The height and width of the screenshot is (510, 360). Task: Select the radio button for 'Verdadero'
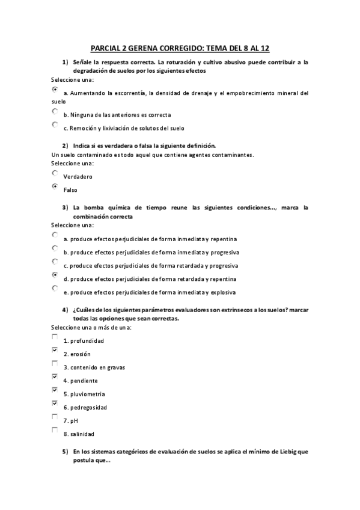(55, 173)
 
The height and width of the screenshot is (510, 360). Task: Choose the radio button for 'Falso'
(55, 186)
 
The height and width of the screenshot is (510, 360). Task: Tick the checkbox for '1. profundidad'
(55, 337)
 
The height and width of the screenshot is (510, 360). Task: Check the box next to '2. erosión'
(55, 350)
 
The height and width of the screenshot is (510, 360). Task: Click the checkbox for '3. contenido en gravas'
(55, 363)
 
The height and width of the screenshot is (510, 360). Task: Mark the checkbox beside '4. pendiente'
(55, 376)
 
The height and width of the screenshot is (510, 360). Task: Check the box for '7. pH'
(55, 416)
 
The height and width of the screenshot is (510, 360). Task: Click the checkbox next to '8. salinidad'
(55, 429)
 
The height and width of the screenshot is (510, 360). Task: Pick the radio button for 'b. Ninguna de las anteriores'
(55, 111)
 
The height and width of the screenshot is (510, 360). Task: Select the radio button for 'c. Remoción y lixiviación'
(55, 124)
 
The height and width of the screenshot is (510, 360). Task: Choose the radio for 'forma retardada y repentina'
(55, 275)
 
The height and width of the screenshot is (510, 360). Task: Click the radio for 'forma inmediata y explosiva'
(55, 288)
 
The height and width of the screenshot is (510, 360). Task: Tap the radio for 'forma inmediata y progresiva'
(55, 248)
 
